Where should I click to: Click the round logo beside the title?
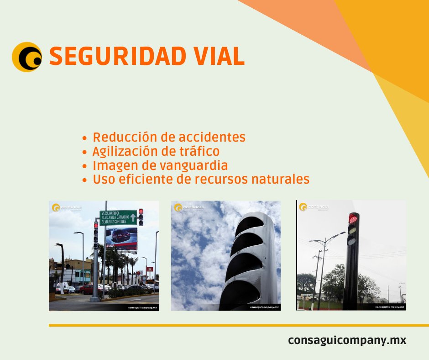tap(27, 57)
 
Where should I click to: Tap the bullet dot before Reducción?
tap(84, 138)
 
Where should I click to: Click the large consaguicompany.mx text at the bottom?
tap(347, 340)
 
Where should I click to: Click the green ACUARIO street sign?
tap(118, 217)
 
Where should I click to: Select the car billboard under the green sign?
tap(121, 238)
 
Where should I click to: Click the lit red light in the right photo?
tap(352, 219)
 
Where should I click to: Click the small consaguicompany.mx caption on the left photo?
tap(141, 308)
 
